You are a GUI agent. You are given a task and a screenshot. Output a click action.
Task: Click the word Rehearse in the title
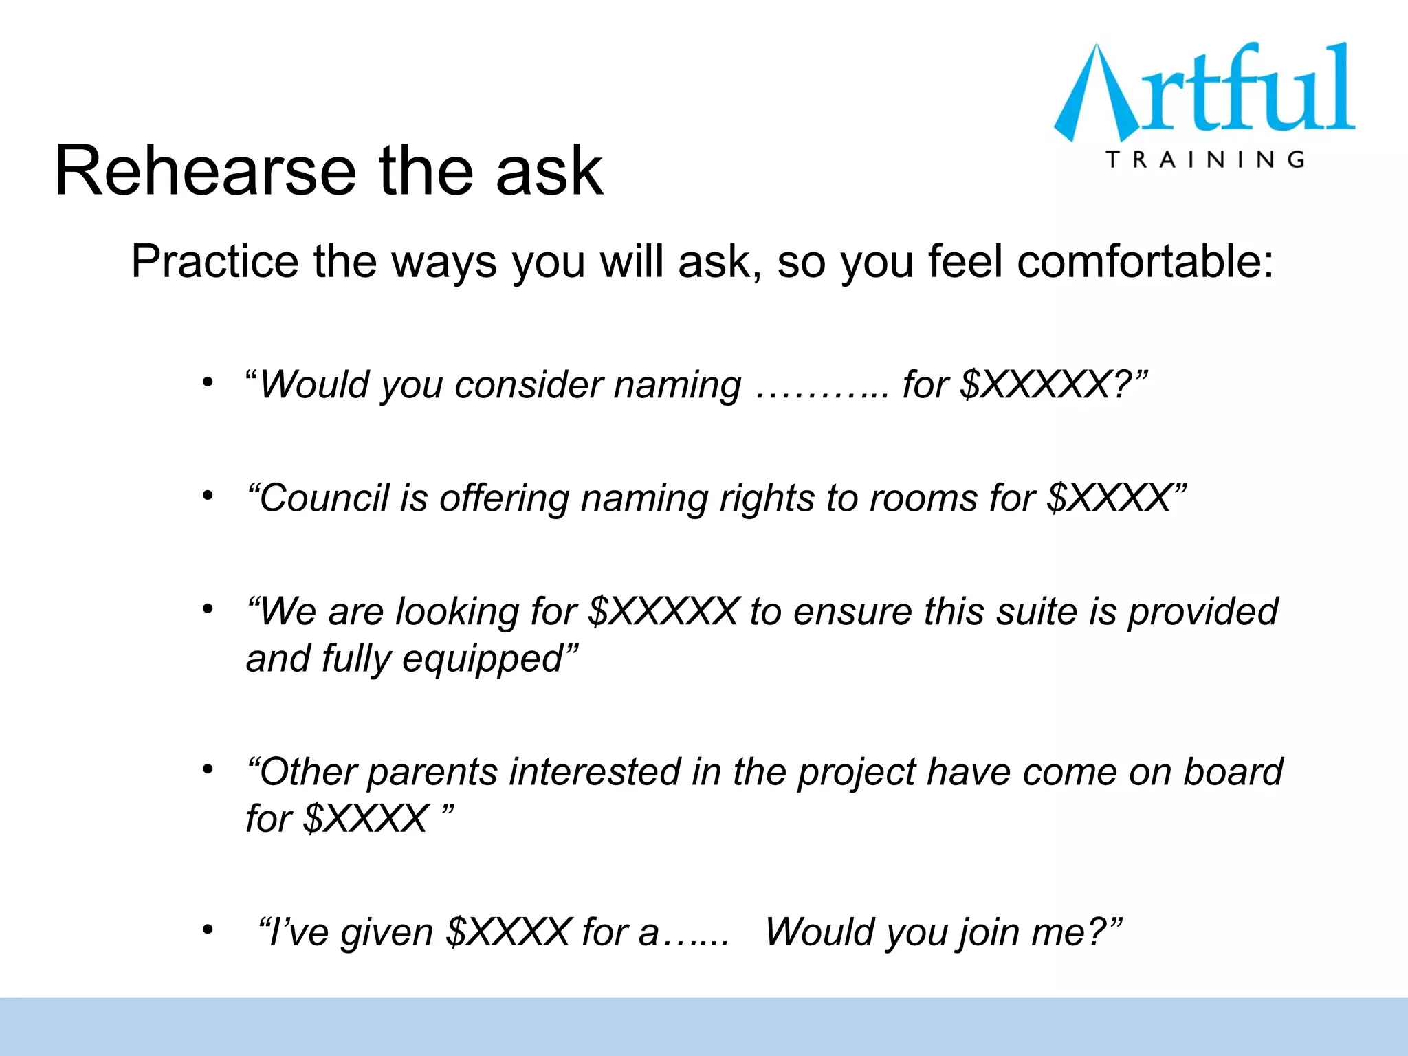pyautogui.click(x=204, y=171)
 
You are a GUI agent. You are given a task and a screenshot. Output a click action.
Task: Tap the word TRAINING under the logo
pyautogui.click(x=1205, y=159)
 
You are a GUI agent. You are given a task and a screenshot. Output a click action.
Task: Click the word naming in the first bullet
pyautogui.click(x=677, y=384)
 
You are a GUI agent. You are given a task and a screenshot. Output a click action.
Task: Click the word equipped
pyautogui.click(x=483, y=659)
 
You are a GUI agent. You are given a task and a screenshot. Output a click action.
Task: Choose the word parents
pyautogui.click(x=432, y=772)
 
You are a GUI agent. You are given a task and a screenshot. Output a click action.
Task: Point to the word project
pyautogui.click(x=856, y=772)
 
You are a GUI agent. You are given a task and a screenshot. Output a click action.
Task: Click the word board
pyautogui.click(x=1233, y=772)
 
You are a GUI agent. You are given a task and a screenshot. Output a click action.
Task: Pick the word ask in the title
pyautogui.click(x=549, y=171)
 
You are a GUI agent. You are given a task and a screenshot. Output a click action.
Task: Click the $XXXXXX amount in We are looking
pyautogui.click(x=664, y=611)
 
